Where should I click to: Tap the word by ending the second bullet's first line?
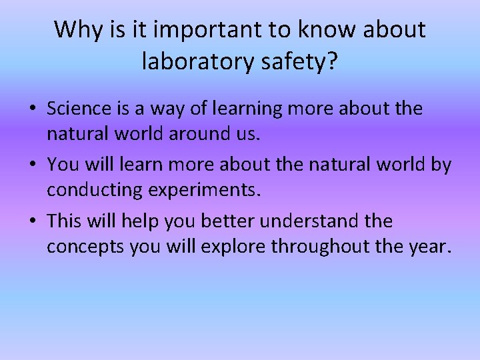pyautogui.click(x=440, y=165)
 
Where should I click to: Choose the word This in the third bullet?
pyautogui.click(x=65, y=221)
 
